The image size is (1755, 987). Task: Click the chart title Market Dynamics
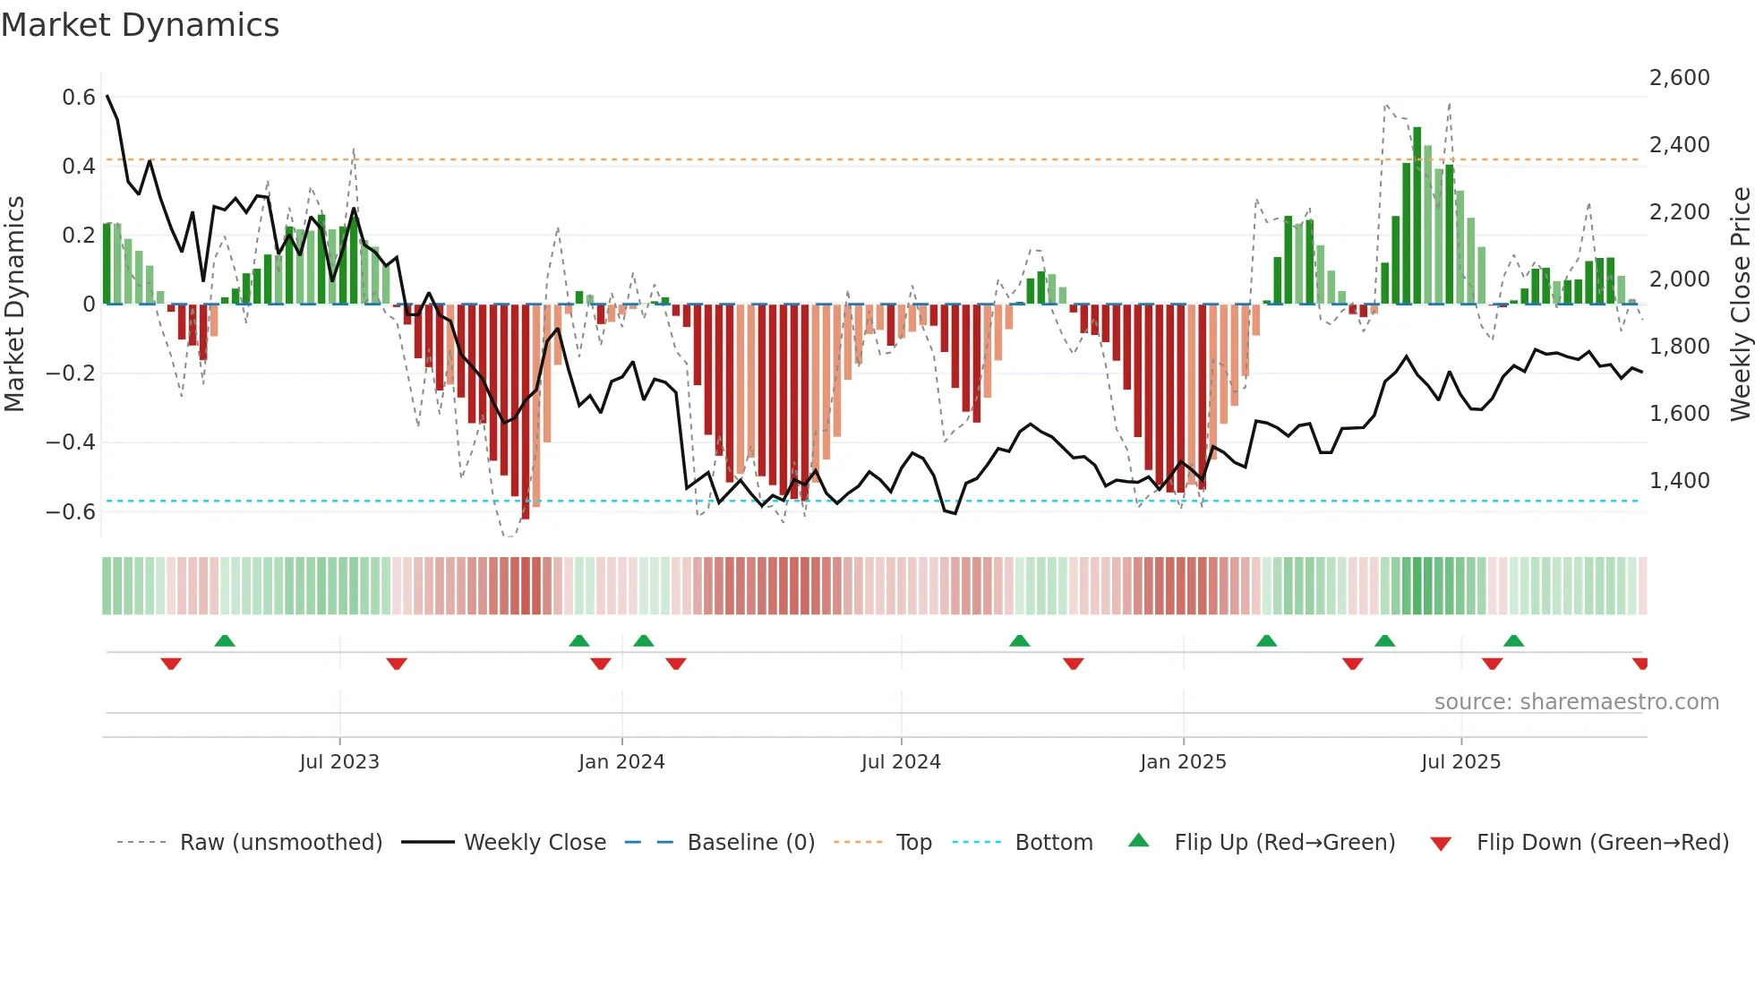click(x=140, y=25)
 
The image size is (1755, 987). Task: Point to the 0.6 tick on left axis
click(x=79, y=98)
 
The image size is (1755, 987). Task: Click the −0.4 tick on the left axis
click(x=71, y=442)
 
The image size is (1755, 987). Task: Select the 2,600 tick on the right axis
click(x=1679, y=78)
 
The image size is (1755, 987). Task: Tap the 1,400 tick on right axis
click(x=1679, y=481)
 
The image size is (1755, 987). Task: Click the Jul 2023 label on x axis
click(x=339, y=762)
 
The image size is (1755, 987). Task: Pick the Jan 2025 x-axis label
click(x=1183, y=762)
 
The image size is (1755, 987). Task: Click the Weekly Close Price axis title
click(x=1740, y=305)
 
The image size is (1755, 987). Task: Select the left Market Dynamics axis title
click(x=15, y=305)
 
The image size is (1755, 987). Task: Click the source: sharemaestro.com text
click(x=1576, y=702)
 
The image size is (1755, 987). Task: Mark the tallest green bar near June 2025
click(x=1417, y=215)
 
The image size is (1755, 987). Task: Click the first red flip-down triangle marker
click(x=171, y=664)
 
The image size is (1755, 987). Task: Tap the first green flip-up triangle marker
click(x=225, y=640)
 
